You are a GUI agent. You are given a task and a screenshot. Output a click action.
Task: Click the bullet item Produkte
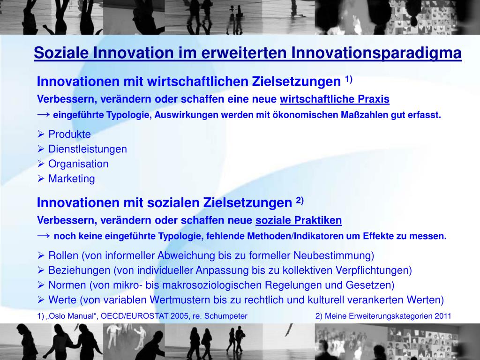[69, 134]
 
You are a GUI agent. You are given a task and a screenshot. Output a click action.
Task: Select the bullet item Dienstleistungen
[88, 149]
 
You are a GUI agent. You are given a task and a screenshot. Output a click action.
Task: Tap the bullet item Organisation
[78, 164]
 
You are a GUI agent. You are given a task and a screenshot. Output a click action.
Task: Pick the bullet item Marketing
[71, 179]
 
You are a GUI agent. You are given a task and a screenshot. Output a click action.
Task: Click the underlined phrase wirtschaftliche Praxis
[335, 99]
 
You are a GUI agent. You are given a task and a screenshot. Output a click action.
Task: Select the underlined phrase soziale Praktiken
[299, 220]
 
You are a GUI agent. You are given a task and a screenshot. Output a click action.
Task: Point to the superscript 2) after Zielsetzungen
[300, 201]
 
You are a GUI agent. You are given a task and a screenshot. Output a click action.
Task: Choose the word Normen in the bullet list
[67, 285]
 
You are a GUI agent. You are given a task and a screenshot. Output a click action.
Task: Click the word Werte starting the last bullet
[62, 300]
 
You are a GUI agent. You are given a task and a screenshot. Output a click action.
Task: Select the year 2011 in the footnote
[442, 316]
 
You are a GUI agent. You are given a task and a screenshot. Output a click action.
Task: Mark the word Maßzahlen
[359, 115]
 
